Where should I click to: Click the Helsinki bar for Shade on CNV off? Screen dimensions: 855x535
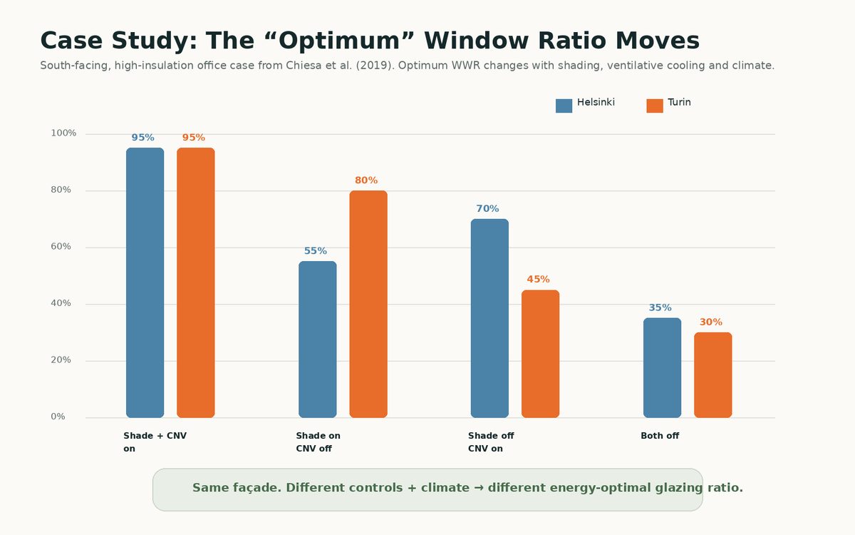click(318, 340)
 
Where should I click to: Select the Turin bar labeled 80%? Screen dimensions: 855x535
click(368, 304)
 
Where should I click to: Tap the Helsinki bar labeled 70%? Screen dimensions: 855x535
click(489, 318)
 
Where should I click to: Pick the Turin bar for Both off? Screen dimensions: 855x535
click(713, 375)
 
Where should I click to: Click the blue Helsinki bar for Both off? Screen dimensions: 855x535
click(662, 367)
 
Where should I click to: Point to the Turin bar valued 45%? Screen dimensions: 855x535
click(541, 354)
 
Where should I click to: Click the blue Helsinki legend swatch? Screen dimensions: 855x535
click(564, 106)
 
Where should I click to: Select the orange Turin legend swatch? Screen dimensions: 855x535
click(655, 106)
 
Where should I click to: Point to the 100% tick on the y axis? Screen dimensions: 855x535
click(63, 133)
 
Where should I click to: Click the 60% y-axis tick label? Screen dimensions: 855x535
click(61, 247)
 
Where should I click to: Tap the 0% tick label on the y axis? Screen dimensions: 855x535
click(58, 417)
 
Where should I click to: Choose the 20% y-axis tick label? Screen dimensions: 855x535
click(61, 360)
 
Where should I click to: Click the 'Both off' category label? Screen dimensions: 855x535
click(660, 436)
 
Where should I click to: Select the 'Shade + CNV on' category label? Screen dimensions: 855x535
click(155, 442)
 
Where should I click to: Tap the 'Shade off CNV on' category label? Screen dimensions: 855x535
click(491, 442)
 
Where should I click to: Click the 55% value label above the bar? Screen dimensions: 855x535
click(315, 251)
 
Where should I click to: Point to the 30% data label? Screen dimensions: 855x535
click(711, 322)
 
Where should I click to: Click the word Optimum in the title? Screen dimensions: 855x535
click(339, 41)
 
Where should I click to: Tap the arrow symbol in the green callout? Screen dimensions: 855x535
click(479, 488)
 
